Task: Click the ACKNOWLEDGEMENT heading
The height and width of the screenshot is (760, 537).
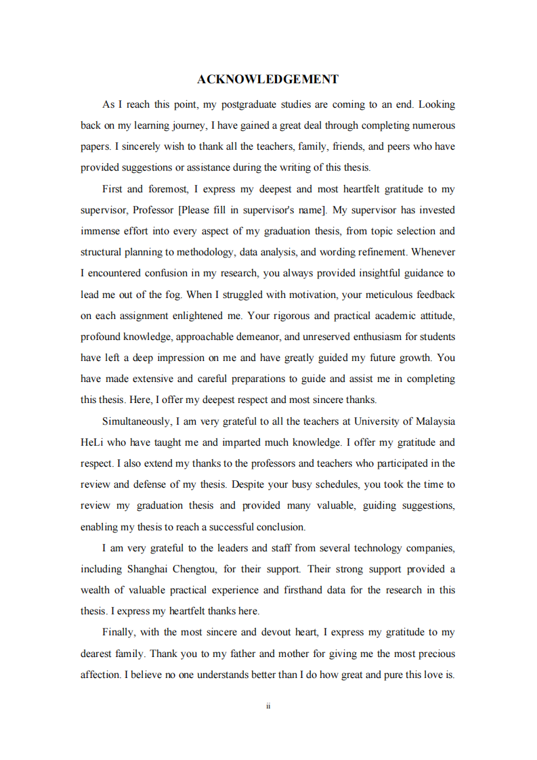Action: [x=267, y=79]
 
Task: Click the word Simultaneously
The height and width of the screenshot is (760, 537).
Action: [x=135, y=421]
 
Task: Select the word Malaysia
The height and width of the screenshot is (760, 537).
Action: [x=435, y=421]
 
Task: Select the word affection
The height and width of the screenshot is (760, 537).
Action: [x=100, y=675]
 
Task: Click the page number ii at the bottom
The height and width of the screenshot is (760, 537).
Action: [x=268, y=706]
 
